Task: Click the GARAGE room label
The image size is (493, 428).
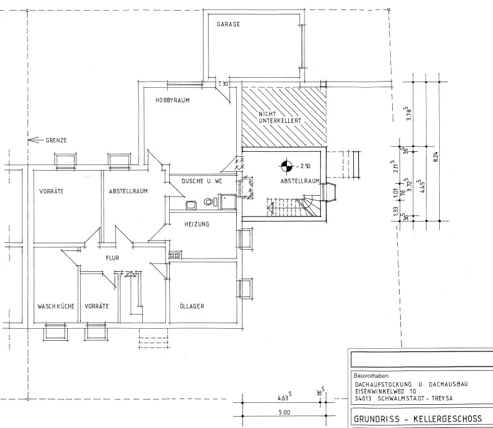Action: pos(229,24)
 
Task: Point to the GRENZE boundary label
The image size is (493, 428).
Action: pos(56,140)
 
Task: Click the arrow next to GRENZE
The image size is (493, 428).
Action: pos(34,140)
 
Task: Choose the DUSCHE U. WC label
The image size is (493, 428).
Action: pos(202,181)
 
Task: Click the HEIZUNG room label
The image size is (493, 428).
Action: pos(197,224)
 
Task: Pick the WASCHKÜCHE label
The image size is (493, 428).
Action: pos(56,306)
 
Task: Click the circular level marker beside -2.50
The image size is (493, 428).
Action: pos(286,166)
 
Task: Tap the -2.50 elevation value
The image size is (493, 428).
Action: pos(304,166)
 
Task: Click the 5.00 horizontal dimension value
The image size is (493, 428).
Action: pos(284,412)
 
